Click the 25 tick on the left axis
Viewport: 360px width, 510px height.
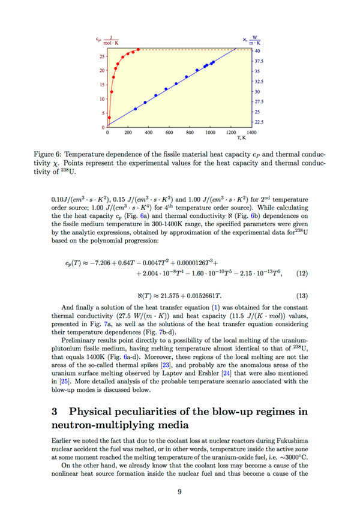(102, 56)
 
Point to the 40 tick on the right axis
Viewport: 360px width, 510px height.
(257, 51)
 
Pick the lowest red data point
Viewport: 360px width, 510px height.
(109, 118)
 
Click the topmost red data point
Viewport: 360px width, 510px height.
(139, 50)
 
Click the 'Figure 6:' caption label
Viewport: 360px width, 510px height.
(49, 155)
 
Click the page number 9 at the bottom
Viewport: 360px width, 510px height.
(179, 493)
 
